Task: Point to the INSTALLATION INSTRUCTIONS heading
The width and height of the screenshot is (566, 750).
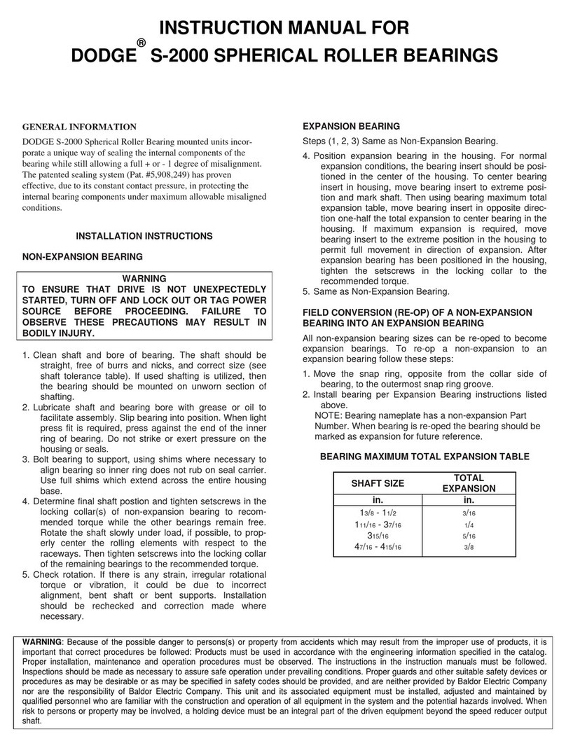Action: (144, 236)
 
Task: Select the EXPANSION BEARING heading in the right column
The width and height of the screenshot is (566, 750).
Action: (350, 127)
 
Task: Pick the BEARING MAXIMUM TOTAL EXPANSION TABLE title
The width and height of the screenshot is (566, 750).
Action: (424, 457)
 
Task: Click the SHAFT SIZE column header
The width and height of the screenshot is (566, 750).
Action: (377, 483)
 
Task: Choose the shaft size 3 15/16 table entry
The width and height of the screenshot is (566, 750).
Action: (377, 536)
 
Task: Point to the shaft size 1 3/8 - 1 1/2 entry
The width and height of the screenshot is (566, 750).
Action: (377, 512)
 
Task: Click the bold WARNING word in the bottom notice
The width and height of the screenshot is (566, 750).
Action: (42, 641)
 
